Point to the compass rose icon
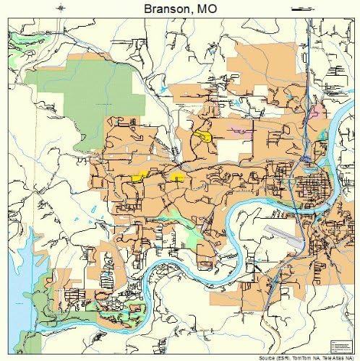[x=61, y=9]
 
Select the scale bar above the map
[x=298, y=9]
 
